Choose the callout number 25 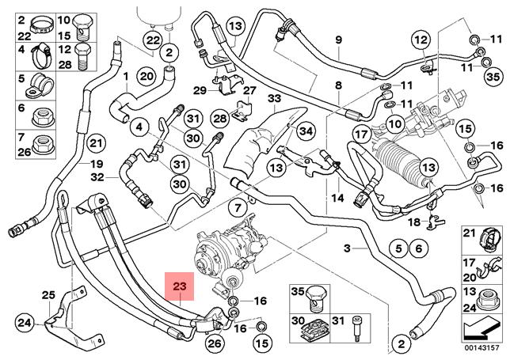[x=48, y=296]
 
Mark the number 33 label [x=274, y=98]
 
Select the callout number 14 [x=337, y=198]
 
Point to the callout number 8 [x=338, y=85]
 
